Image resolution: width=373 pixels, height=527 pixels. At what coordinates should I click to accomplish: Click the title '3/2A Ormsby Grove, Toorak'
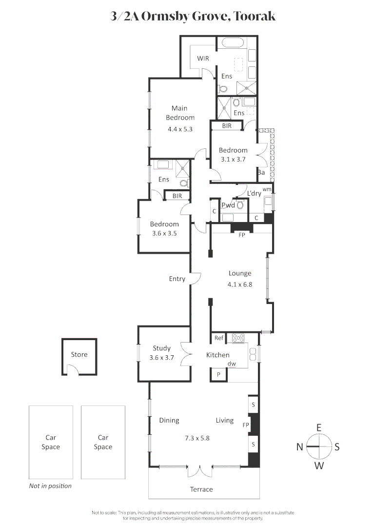point(193,17)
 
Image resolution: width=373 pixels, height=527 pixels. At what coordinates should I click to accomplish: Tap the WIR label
point(203,59)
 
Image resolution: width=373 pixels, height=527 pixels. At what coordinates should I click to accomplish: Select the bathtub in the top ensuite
point(233,42)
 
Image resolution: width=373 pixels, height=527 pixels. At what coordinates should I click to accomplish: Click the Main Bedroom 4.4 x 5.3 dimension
point(180,129)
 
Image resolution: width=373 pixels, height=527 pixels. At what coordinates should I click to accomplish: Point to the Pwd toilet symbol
point(240,205)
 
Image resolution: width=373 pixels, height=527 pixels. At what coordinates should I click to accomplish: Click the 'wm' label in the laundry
point(267,189)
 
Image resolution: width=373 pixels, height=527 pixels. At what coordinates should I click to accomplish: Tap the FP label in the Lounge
point(241,235)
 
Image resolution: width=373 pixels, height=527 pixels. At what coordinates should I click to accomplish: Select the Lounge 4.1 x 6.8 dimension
point(240,284)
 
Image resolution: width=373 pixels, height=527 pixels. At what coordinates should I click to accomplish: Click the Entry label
point(177,279)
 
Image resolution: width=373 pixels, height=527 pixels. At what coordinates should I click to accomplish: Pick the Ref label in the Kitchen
point(219,338)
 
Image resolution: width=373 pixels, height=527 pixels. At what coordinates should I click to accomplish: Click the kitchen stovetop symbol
point(238,337)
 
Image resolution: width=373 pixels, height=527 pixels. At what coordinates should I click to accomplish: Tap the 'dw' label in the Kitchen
point(232,364)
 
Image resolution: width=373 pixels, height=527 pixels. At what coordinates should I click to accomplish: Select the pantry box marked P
point(218,374)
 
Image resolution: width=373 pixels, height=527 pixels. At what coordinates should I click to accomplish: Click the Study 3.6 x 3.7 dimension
point(161,358)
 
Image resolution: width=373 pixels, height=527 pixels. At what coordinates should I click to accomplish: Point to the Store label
point(79,354)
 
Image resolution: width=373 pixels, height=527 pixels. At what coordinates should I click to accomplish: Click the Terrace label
point(201,489)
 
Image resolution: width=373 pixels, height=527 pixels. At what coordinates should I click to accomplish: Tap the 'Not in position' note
point(50,486)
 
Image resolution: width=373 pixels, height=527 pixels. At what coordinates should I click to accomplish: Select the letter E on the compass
point(319,427)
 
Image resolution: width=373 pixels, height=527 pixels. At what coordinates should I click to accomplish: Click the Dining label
point(169,420)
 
